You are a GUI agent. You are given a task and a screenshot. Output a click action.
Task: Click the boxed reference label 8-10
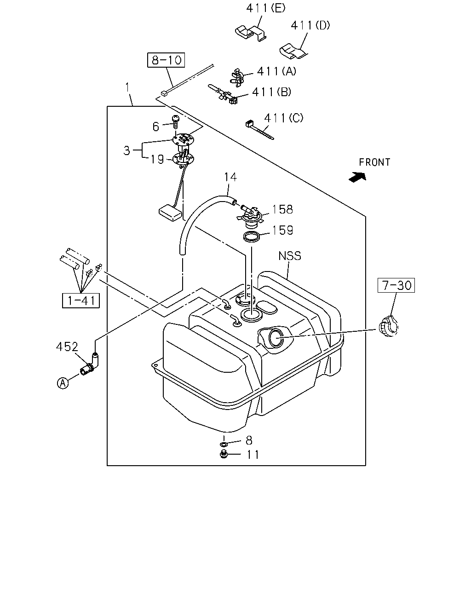click(x=166, y=60)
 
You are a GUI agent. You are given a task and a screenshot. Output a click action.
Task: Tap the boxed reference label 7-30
click(x=396, y=285)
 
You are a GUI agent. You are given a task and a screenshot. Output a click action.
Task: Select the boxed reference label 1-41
click(x=81, y=300)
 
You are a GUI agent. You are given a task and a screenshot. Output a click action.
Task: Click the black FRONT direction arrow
click(x=357, y=177)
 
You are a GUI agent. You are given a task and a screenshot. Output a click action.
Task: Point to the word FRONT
click(x=374, y=162)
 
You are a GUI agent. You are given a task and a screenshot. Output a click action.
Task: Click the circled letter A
click(x=63, y=383)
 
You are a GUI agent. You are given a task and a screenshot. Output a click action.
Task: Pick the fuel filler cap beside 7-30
click(x=388, y=326)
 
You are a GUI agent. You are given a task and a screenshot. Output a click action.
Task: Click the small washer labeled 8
click(x=224, y=444)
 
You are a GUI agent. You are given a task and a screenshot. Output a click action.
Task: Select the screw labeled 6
click(x=175, y=122)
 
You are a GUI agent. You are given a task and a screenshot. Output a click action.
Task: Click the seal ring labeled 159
click(x=252, y=237)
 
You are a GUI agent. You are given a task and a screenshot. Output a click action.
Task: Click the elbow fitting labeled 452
click(x=90, y=364)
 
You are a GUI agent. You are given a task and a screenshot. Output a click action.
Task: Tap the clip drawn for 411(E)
click(x=251, y=33)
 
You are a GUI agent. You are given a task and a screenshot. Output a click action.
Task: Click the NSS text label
click(x=290, y=256)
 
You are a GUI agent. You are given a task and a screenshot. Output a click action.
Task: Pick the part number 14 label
click(x=230, y=177)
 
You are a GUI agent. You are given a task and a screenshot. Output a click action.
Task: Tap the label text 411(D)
click(x=310, y=25)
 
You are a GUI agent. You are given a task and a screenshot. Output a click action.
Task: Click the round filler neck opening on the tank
click(x=277, y=337)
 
